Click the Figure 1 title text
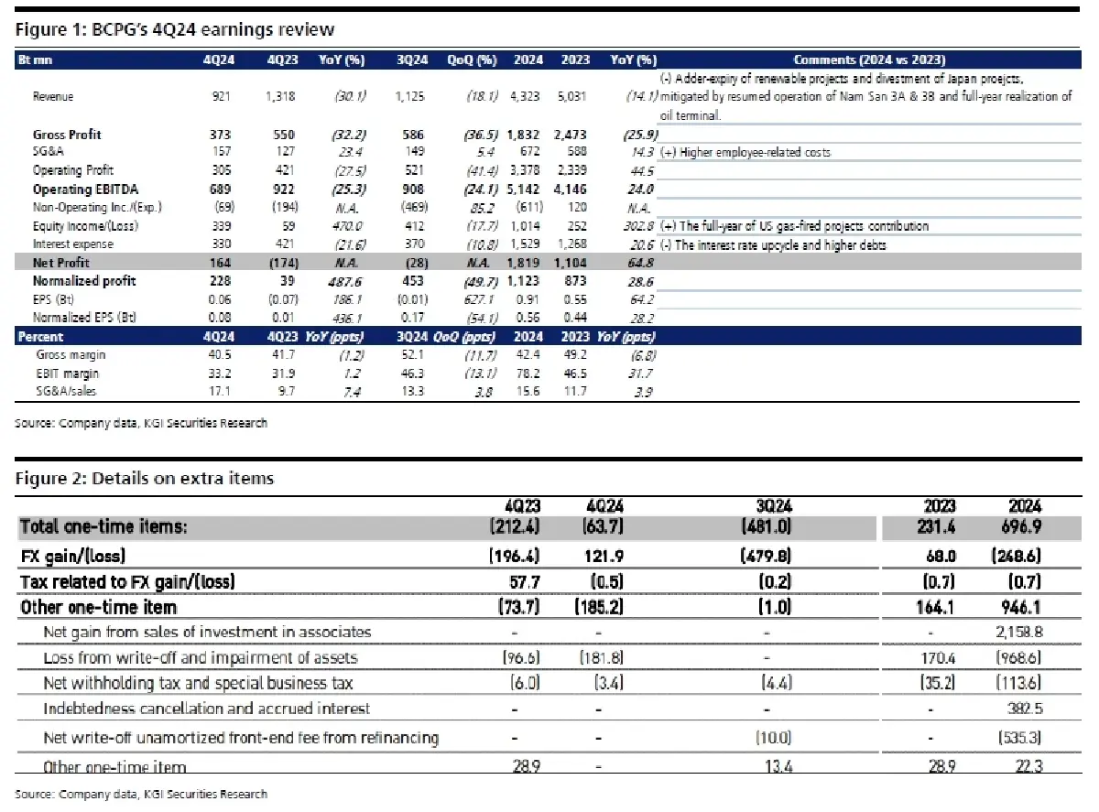coord(175,30)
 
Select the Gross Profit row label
coord(67,135)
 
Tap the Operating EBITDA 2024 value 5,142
coord(528,189)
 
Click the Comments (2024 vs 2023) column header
coord(869,60)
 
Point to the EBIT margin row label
coord(66,373)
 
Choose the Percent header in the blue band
coord(41,337)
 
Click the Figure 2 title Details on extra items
coord(145,479)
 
